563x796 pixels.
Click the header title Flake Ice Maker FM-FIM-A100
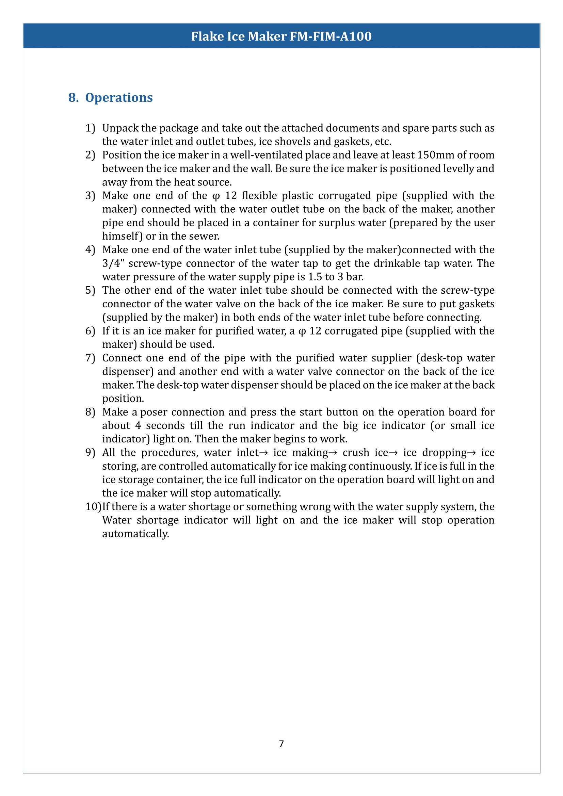coord(281,36)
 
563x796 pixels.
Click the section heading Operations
coord(119,98)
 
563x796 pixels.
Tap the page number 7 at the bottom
coord(281,744)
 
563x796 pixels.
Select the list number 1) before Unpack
coord(90,128)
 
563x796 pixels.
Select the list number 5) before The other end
coord(90,290)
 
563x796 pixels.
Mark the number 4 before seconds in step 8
coord(138,425)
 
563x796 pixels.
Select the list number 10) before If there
coord(93,506)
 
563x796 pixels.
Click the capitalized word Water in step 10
coord(117,520)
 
